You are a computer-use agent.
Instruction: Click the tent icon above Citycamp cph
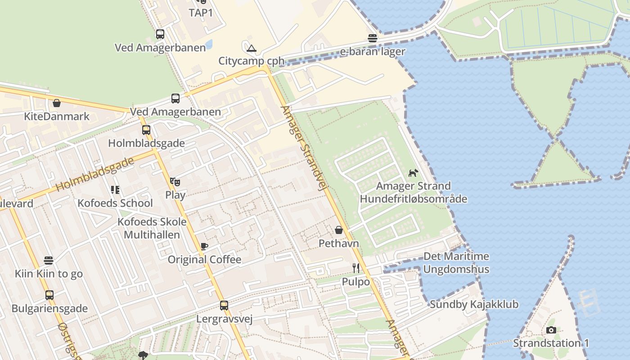coord(251,48)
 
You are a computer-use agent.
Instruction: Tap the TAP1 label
coord(200,13)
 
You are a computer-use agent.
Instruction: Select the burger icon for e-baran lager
coord(373,38)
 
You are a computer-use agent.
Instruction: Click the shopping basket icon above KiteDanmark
coord(57,103)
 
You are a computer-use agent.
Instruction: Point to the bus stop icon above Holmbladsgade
coord(146,130)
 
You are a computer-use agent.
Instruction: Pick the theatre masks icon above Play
coord(175,182)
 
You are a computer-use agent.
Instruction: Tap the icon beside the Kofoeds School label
coord(115,190)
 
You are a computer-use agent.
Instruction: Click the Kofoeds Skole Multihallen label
coord(152,228)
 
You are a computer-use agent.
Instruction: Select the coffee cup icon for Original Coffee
coord(204,246)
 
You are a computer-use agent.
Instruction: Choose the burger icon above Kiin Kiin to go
coord(49,261)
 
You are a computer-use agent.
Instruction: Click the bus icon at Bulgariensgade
coord(49,295)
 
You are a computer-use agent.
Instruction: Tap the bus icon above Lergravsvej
coord(224,306)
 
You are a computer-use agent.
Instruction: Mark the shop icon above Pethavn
coord(339,230)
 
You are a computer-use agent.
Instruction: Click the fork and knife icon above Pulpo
coord(356,268)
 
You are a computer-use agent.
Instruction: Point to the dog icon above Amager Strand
coord(413,173)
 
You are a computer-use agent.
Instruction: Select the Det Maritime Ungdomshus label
coord(456,263)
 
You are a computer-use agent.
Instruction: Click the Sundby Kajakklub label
coord(474,304)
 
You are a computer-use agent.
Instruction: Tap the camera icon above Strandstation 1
coord(551,330)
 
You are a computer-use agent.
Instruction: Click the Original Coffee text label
coord(204,260)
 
